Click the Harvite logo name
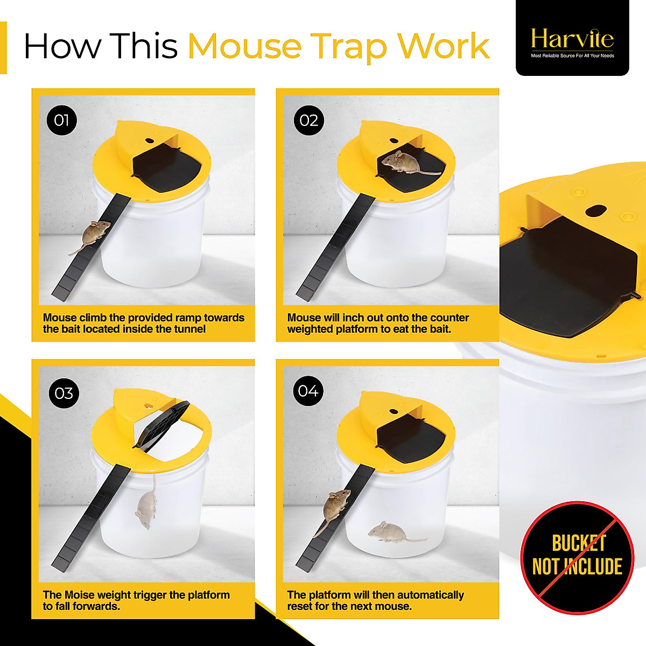pyautogui.click(x=572, y=39)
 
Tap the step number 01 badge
pyautogui.click(x=61, y=120)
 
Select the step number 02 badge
pyautogui.click(x=308, y=120)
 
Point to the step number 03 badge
pyautogui.click(x=64, y=394)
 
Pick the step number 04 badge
pyautogui.click(x=308, y=391)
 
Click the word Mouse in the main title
pyautogui.click(x=244, y=46)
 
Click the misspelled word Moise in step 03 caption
pyautogui.click(x=79, y=595)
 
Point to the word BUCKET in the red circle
pyautogui.click(x=579, y=544)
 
